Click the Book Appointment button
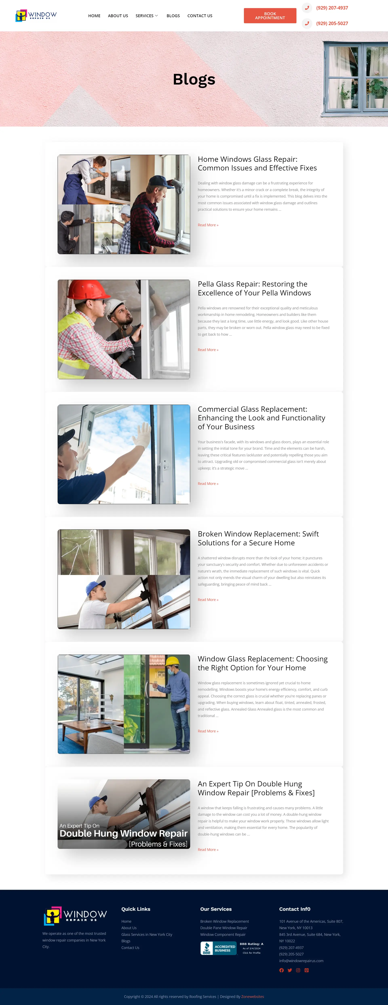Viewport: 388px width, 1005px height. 270,16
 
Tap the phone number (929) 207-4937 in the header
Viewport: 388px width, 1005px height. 332,8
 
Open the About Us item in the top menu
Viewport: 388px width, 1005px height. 118,16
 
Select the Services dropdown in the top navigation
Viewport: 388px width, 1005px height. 147,16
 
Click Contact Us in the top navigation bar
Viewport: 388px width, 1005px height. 200,16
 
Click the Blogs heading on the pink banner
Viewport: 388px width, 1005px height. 194,79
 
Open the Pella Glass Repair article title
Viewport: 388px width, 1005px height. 254,288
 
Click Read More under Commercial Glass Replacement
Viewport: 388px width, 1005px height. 208,483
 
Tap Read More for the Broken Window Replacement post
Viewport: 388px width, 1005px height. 208,600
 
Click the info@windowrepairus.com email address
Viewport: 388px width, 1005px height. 301,961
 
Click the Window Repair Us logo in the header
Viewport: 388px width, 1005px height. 36,16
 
